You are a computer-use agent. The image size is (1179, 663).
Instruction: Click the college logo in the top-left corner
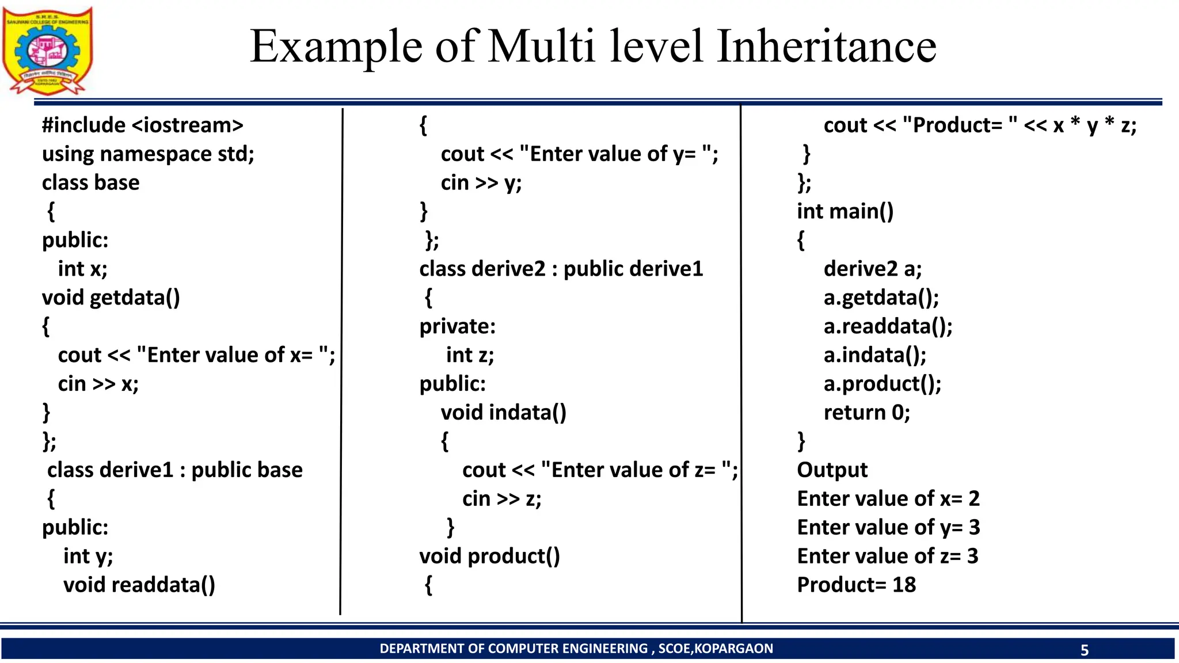[x=47, y=51]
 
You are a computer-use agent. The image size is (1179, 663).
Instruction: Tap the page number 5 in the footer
[x=1085, y=650]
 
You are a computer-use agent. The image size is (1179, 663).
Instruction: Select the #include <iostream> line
[x=142, y=125]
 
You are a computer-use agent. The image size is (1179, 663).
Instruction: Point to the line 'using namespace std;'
[x=148, y=154]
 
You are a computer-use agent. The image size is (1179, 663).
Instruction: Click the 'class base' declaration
[x=90, y=182]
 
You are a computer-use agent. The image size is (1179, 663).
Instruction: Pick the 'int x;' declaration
[x=82, y=269]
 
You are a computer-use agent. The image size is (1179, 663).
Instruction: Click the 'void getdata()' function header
[x=111, y=298]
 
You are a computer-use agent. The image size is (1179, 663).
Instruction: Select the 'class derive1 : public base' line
[x=174, y=470]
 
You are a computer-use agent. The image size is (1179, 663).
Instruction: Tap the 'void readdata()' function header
[x=139, y=585]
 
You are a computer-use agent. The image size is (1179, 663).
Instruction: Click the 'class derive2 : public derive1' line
[x=561, y=269]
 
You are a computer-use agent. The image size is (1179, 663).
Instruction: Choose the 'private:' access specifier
[x=457, y=326]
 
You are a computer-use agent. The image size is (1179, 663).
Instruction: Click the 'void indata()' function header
[x=503, y=413]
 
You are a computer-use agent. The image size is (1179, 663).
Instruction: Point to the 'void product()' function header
[x=489, y=557]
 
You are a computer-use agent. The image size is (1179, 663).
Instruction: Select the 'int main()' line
[x=845, y=211]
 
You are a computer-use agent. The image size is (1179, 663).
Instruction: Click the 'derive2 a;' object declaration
[x=873, y=269]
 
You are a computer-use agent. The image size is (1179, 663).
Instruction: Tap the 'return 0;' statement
[x=867, y=413]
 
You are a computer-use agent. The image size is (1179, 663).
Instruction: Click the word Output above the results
[x=832, y=470]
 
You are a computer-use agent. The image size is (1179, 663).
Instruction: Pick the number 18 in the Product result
[x=904, y=585]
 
